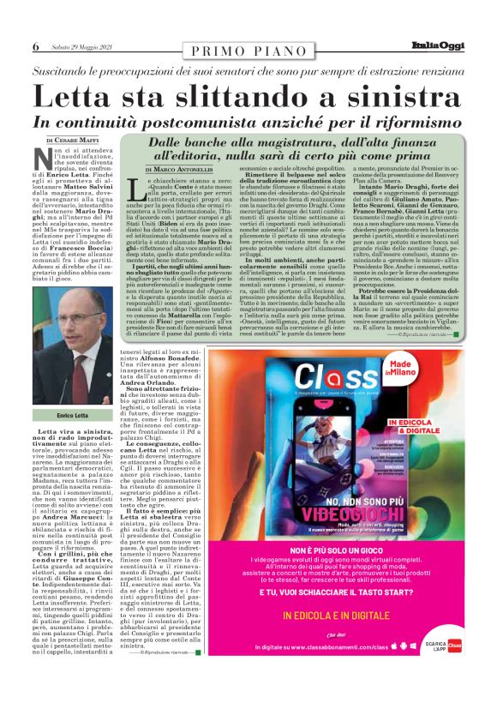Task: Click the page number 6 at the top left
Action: point(36,46)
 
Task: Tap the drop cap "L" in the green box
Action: point(141,189)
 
